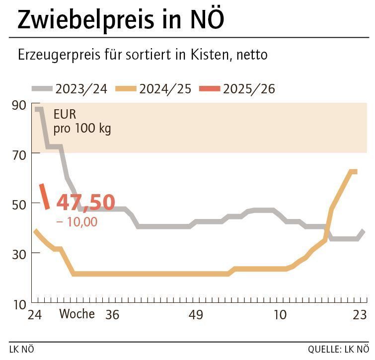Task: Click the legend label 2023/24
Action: pos(81,89)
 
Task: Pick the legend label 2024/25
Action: pos(165,89)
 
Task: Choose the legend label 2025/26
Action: pos(249,89)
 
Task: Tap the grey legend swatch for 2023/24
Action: pos(42,89)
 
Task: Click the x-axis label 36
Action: pos(113,315)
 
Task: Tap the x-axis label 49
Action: pos(196,315)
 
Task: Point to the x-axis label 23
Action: pos(360,315)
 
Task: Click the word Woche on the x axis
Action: pos(77,314)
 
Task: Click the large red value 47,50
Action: pos(85,203)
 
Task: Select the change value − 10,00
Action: pos(77,222)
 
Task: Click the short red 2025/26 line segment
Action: pos(45,196)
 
